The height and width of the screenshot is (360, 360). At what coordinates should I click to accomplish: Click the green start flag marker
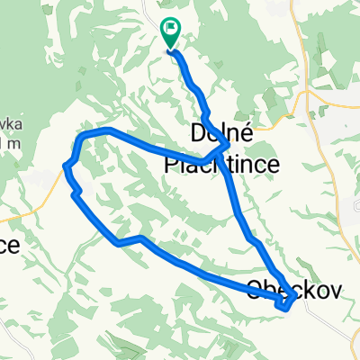(x=170, y=33)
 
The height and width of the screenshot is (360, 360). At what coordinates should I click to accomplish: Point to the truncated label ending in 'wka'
(x=7, y=125)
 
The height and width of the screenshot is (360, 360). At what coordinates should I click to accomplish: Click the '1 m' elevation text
(x=7, y=143)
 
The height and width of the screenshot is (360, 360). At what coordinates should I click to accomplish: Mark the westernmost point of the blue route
(x=66, y=166)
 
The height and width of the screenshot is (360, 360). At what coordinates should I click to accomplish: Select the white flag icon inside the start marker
(x=171, y=30)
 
